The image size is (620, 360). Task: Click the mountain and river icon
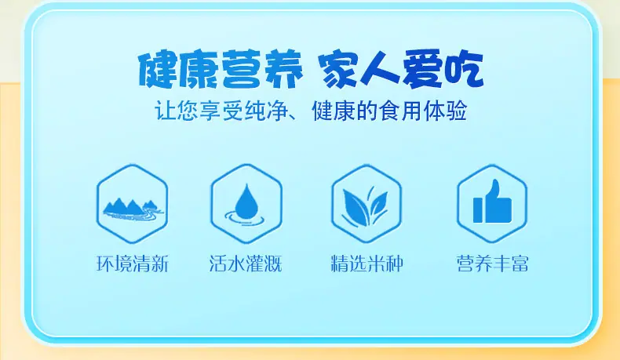pos(133,209)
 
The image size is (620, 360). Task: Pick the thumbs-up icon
pos(492,202)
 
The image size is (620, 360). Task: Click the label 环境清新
pos(133,264)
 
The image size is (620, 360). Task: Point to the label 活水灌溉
pos(246,264)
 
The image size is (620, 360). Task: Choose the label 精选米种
pos(367,264)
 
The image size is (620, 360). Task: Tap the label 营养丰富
pos(492,264)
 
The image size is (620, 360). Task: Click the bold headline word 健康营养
pos(221,70)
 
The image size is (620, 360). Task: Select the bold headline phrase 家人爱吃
pos(402,70)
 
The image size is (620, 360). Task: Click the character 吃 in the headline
pos(464,69)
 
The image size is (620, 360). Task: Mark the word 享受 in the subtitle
pos(220,111)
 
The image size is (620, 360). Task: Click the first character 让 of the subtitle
pos(165,111)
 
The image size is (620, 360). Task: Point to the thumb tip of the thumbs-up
pos(496,182)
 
